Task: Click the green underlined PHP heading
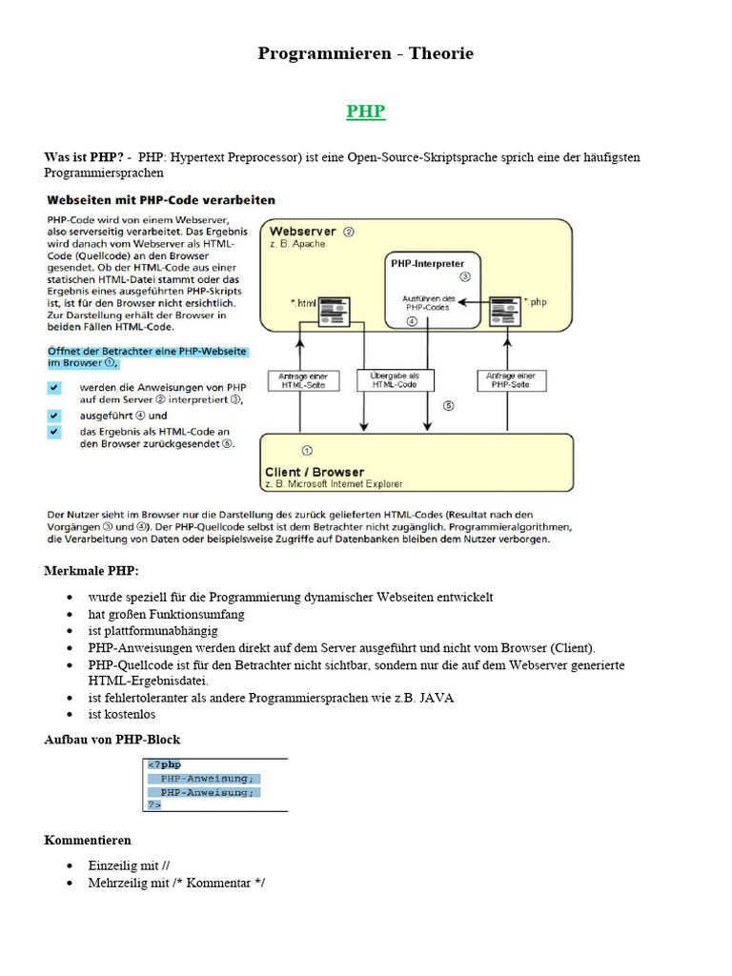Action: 366,112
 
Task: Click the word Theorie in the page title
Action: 441,53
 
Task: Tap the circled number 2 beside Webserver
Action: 349,231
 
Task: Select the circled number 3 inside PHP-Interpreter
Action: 465,277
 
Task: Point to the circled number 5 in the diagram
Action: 448,405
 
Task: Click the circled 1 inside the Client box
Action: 306,448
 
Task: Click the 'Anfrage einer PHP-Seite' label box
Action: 512,380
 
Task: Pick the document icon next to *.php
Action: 502,308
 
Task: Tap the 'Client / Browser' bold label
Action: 315,472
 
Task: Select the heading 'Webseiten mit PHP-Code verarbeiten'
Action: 161,200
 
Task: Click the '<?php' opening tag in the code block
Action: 163,764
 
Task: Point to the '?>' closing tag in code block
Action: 153,804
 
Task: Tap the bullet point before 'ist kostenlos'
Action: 70,714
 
